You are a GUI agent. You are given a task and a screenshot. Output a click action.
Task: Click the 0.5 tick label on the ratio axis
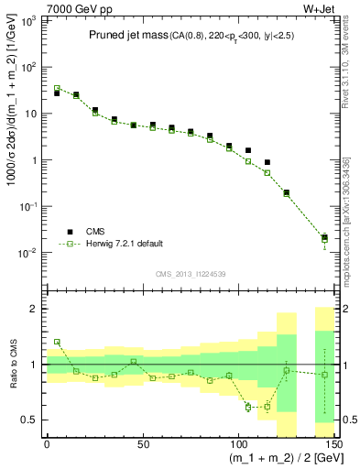tap(29, 420)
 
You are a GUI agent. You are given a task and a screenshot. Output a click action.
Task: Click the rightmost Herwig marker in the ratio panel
tap(325, 375)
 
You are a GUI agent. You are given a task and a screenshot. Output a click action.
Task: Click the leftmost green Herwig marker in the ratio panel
tap(57, 342)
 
